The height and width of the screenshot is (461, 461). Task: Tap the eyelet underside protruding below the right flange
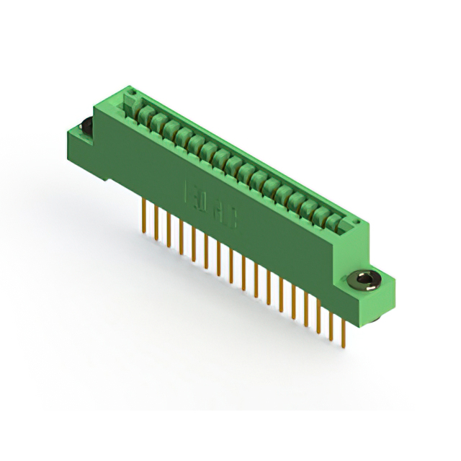tap(377, 316)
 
